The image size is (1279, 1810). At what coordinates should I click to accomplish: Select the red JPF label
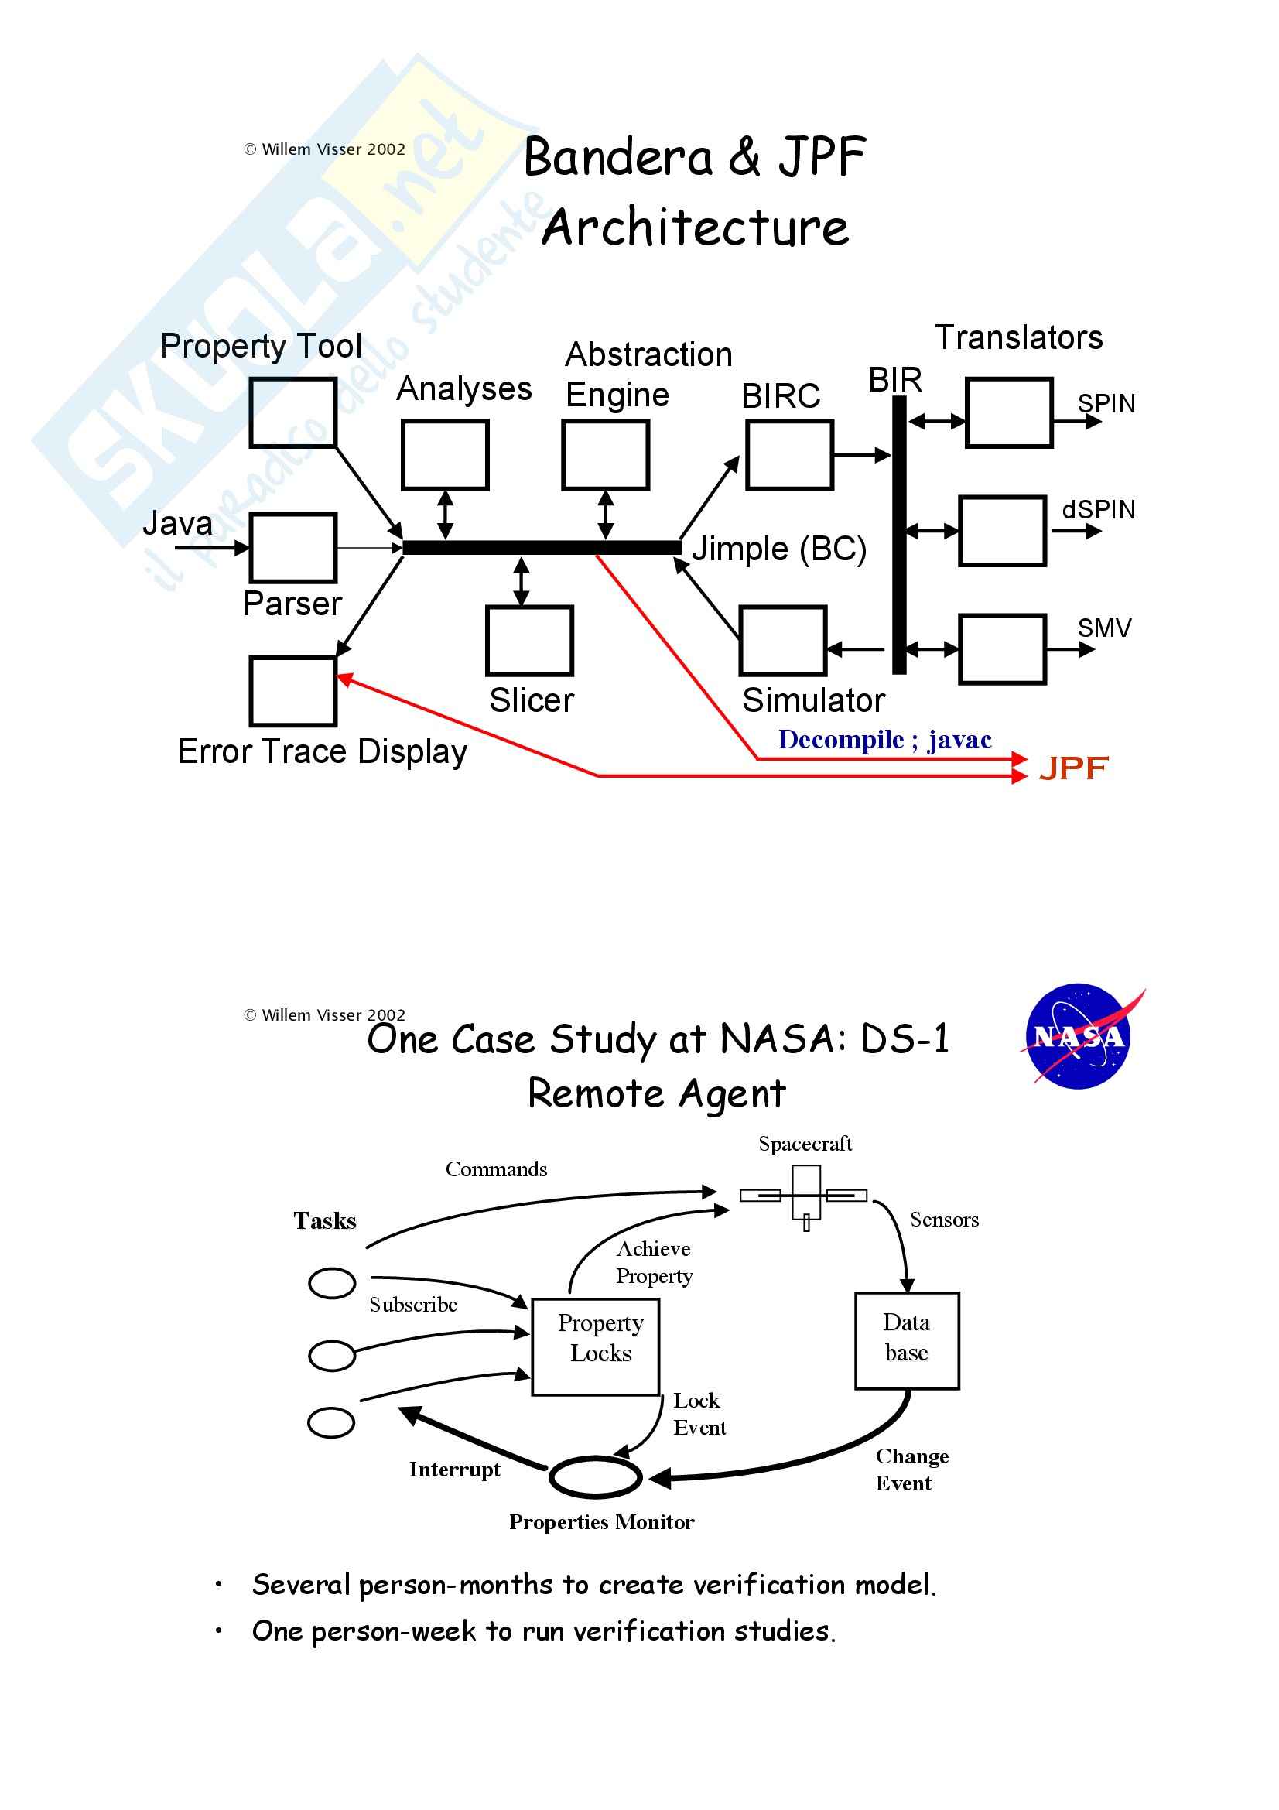tap(1073, 768)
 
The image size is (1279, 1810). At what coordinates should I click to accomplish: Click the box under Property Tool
tap(293, 412)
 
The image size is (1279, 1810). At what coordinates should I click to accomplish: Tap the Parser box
tap(293, 548)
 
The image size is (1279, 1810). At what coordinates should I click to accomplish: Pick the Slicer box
tap(529, 640)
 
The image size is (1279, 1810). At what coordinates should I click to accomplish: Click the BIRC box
tap(789, 455)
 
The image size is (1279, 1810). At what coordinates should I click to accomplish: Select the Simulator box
tap(782, 640)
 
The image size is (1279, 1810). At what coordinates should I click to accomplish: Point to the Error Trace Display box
tap(293, 690)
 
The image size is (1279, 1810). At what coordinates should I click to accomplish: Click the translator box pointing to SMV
tap(1003, 648)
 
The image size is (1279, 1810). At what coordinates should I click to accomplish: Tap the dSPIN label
tap(1099, 509)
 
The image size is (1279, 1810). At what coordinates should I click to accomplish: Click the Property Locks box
tap(596, 1347)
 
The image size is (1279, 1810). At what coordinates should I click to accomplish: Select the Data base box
tap(907, 1341)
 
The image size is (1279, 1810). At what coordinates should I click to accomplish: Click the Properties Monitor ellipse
tap(596, 1477)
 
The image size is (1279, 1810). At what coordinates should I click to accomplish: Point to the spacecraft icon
tap(805, 1196)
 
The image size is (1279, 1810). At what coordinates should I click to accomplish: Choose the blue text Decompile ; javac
tap(884, 740)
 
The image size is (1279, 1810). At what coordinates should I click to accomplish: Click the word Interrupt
tap(455, 1470)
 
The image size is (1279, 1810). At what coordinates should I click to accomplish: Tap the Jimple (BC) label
tap(778, 549)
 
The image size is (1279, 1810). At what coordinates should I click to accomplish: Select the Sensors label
tap(944, 1220)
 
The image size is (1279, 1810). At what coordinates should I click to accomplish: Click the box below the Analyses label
tap(445, 455)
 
